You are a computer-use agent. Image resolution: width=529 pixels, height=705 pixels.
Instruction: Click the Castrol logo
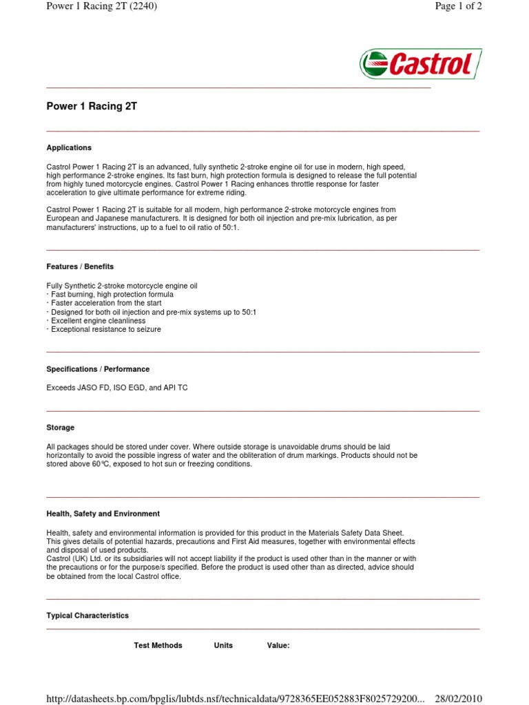click(x=420, y=64)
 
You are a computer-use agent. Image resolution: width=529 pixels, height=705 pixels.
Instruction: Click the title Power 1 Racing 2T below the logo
click(x=92, y=107)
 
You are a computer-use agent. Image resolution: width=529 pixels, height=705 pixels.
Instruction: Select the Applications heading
click(x=69, y=147)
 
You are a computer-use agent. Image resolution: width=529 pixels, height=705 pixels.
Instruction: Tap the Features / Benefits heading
click(x=80, y=266)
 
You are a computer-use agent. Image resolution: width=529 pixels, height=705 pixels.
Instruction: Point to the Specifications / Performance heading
click(x=98, y=369)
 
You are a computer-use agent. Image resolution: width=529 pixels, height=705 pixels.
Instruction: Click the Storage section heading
click(x=61, y=428)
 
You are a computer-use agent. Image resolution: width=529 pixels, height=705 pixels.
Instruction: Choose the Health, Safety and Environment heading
click(x=103, y=514)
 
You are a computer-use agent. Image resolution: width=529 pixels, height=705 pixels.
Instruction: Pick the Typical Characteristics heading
click(x=87, y=615)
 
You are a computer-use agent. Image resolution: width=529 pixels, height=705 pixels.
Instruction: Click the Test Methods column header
click(x=158, y=645)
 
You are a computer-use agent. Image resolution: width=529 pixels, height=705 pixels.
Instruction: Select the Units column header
click(x=223, y=645)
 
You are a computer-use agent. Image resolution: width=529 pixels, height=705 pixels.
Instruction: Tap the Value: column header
click(x=278, y=645)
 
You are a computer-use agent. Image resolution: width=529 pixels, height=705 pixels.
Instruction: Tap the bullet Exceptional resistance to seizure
click(x=104, y=330)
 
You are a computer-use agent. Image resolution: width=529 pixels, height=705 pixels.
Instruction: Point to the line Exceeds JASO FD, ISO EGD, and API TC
click(x=116, y=388)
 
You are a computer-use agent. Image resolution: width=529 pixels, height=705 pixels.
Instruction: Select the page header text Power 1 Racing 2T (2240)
click(x=102, y=7)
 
